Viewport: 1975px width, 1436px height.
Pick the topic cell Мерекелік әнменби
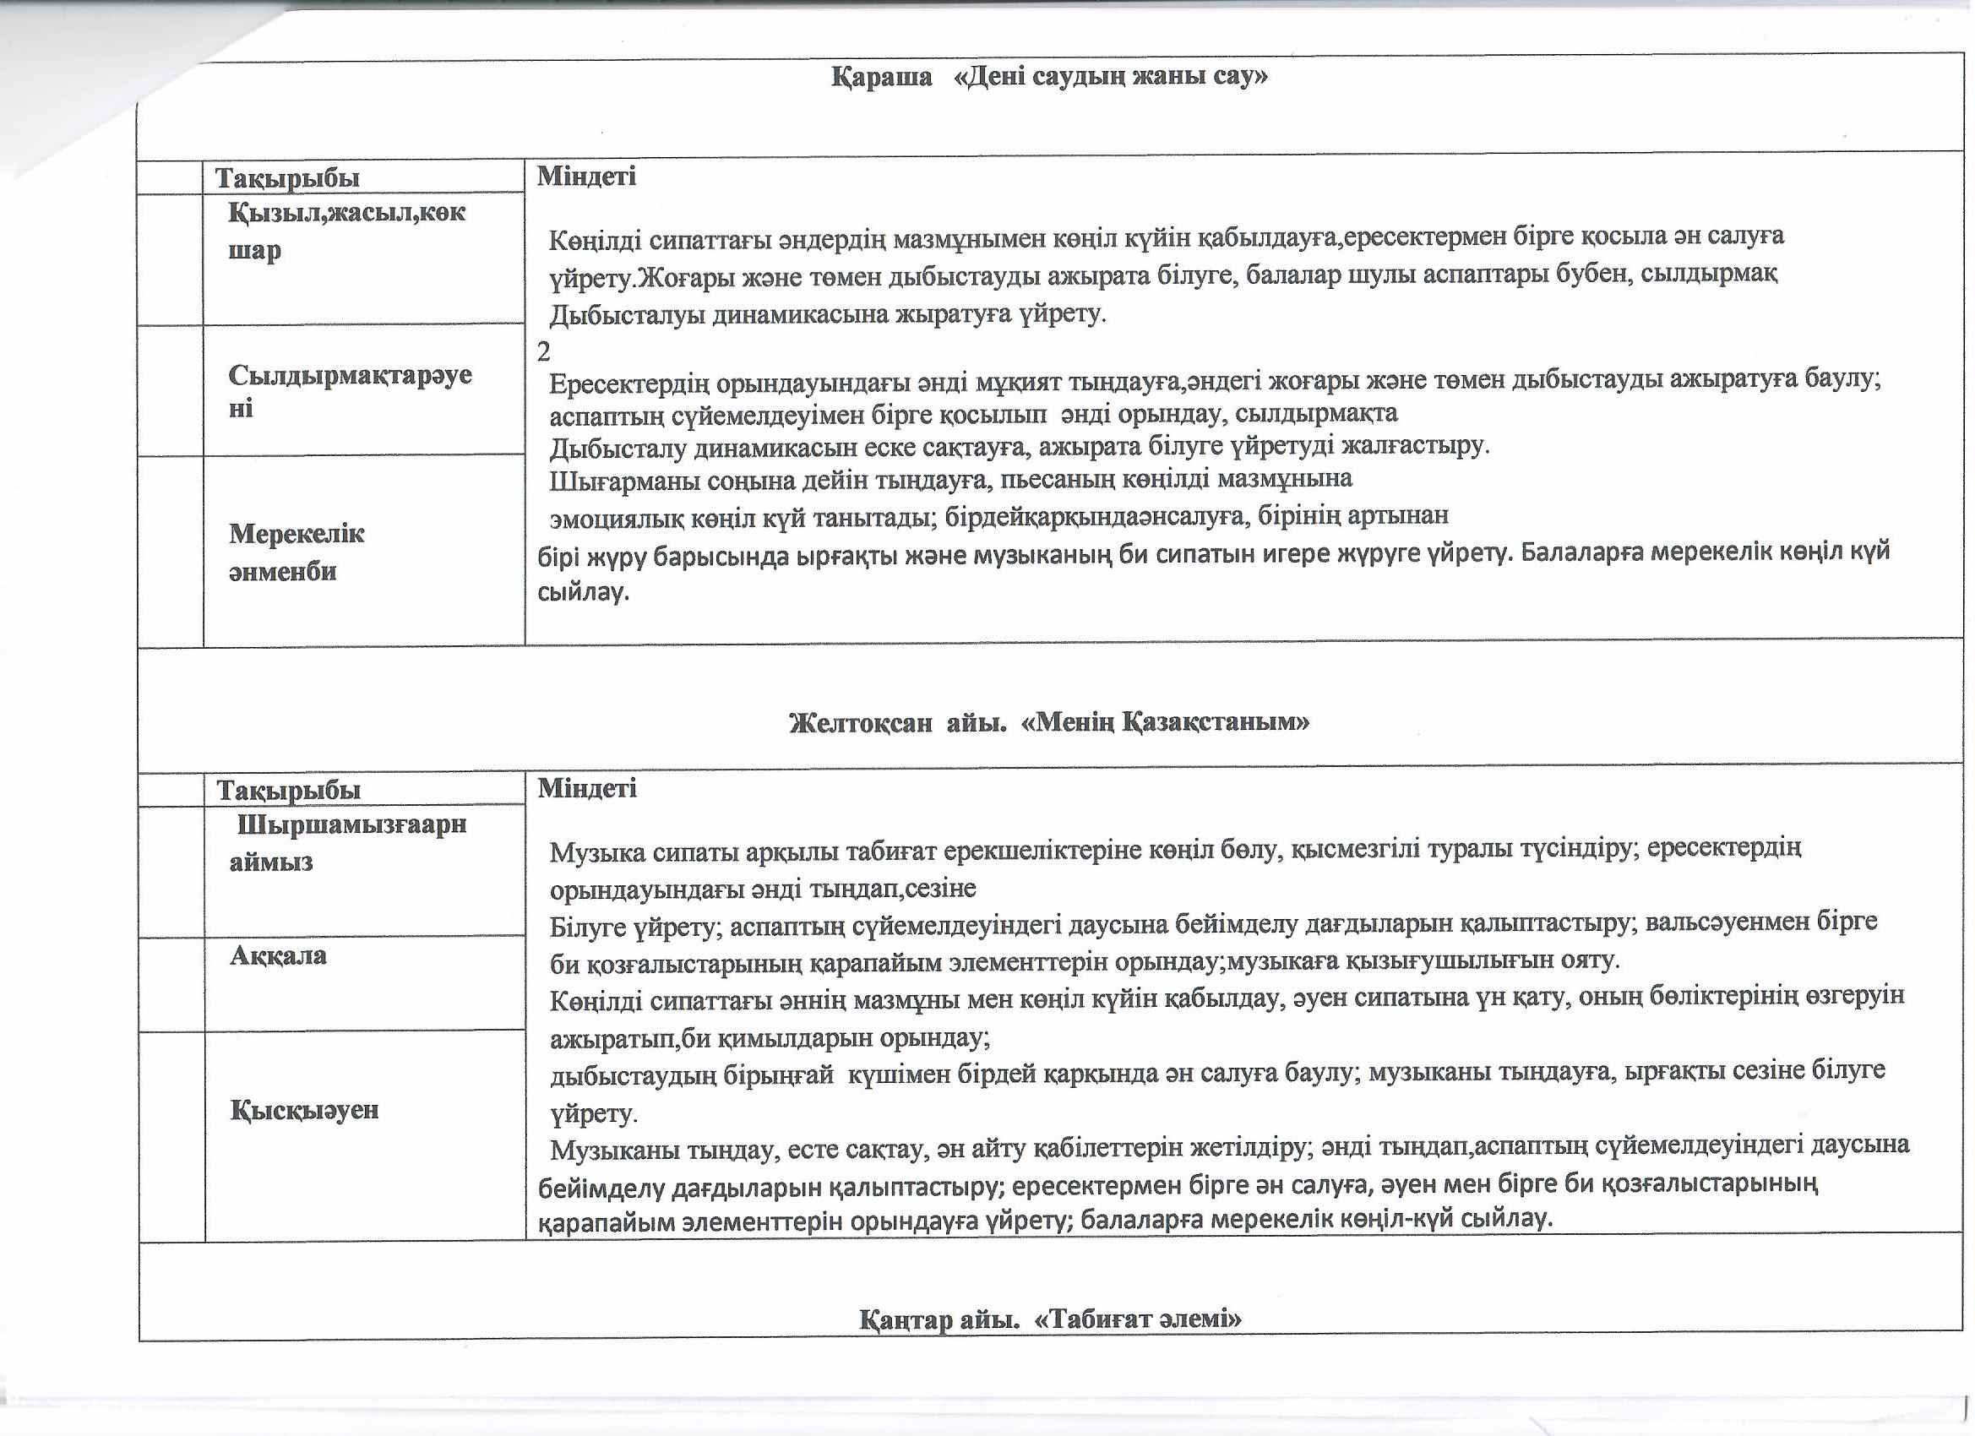point(296,552)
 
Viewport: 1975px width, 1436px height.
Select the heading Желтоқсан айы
point(893,723)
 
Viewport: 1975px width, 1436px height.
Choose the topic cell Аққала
point(278,956)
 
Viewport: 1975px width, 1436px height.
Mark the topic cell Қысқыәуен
point(305,1110)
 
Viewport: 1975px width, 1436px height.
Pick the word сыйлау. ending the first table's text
point(583,594)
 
